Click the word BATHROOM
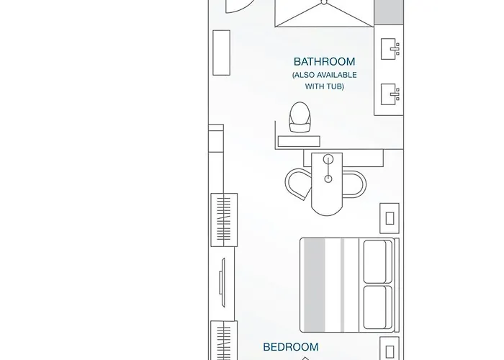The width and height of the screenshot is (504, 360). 324,62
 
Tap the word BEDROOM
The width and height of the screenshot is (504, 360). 290,347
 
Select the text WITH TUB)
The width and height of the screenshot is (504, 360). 324,86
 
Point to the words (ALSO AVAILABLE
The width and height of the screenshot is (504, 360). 324,75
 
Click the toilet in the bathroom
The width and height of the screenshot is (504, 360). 300,117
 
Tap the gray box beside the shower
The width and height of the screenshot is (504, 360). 389,11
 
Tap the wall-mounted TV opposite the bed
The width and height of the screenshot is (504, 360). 223,281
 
